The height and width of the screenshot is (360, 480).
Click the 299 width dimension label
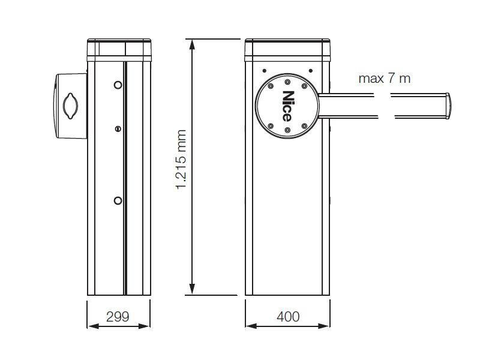(118, 317)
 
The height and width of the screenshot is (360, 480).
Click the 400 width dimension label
(288, 317)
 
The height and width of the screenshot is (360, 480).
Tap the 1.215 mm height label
(181, 159)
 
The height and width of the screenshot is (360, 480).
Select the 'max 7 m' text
(384, 79)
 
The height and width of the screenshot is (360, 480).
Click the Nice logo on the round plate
(287, 106)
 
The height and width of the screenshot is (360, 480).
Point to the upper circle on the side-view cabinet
(118, 85)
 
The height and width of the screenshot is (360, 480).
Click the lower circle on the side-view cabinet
(118, 200)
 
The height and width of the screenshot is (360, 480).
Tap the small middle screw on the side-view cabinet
(118, 129)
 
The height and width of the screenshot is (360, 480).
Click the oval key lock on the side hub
(70, 106)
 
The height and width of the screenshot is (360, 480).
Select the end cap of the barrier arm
(448, 106)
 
